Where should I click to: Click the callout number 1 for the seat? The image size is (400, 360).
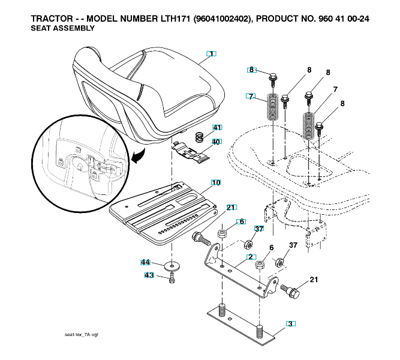click(210, 54)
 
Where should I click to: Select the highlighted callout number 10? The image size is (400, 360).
click(215, 182)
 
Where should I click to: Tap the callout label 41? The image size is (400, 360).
click(216, 128)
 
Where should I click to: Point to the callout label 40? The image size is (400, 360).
click(216, 142)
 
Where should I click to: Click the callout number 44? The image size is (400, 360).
click(145, 262)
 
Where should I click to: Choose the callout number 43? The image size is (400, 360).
click(149, 275)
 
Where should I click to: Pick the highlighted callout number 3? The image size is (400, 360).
click(290, 324)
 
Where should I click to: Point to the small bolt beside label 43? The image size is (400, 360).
click(172, 278)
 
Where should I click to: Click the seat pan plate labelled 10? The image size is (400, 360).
click(162, 213)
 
